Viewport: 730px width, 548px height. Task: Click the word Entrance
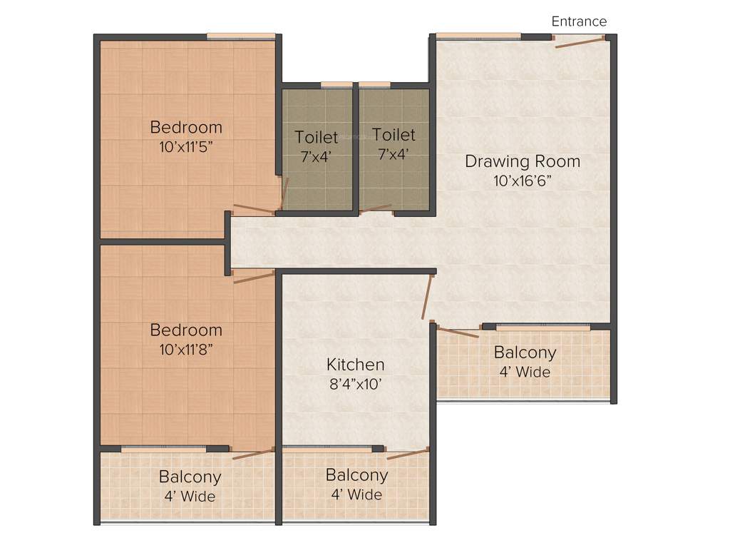(x=579, y=21)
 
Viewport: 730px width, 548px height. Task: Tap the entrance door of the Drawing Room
(x=581, y=42)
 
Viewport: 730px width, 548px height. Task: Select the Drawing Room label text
(x=522, y=161)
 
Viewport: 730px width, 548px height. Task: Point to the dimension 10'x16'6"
(x=522, y=181)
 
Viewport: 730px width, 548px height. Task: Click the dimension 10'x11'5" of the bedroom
(x=186, y=147)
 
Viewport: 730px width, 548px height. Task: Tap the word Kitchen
(x=355, y=365)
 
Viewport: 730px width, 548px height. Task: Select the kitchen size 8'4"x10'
(x=355, y=385)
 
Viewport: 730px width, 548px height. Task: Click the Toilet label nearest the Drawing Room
(x=394, y=135)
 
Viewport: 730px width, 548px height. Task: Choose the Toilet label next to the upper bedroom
(x=317, y=136)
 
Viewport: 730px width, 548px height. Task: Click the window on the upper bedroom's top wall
(x=241, y=36)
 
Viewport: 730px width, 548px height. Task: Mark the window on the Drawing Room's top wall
(x=478, y=36)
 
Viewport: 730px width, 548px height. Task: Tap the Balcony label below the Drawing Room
(x=525, y=352)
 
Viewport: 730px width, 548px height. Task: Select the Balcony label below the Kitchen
(x=356, y=475)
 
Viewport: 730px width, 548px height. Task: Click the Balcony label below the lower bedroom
(x=190, y=477)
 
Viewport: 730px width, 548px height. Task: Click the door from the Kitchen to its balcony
(x=408, y=454)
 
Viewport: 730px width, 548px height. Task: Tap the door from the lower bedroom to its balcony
(x=254, y=454)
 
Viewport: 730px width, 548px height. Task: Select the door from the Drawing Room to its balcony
(x=457, y=331)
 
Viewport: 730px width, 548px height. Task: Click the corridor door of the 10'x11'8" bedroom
(x=254, y=277)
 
